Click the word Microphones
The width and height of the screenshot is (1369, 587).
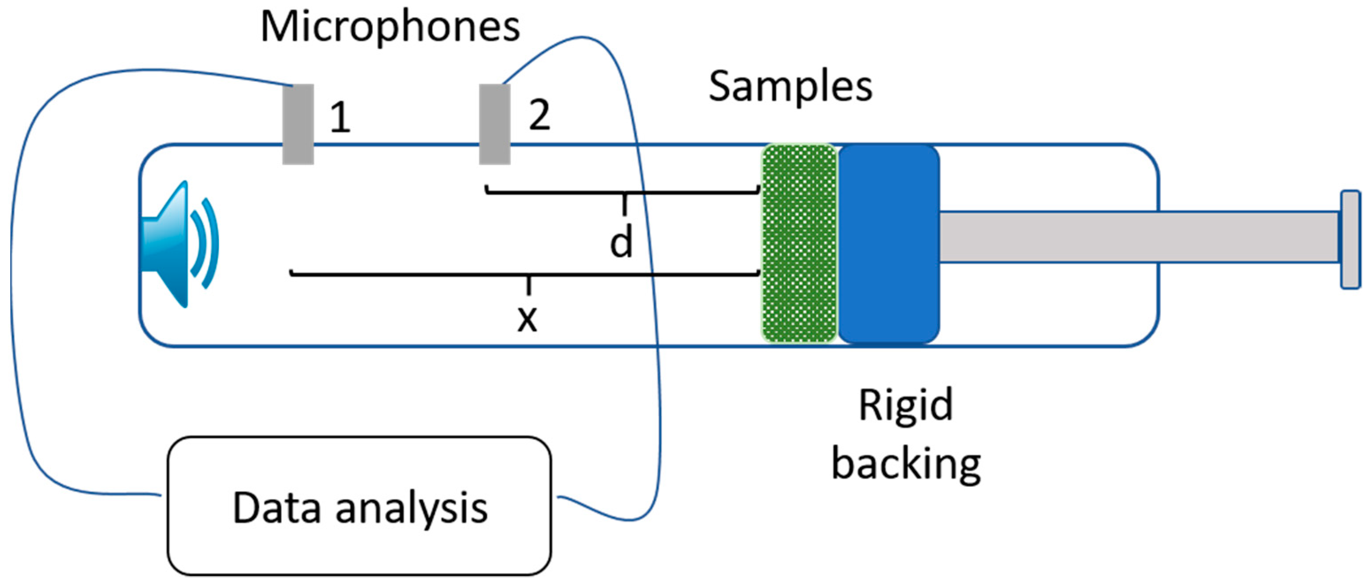(x=389, y=27)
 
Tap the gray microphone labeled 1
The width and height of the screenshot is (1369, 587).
(x=297, y=124)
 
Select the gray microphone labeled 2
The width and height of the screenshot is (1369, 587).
(x=494, y=124)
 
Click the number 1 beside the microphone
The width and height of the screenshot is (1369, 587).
(x=340, y=118)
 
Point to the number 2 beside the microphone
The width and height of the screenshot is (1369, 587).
(x=539, y=115)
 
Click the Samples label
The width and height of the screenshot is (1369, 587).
(x=790, y=87)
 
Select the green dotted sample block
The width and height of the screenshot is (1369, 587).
(x=799, y=243)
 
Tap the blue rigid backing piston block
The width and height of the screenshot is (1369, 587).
(x=889, y=243)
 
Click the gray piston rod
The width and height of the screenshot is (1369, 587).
(x=1137, y=237)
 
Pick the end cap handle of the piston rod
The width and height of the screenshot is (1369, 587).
(x=1350, y=239)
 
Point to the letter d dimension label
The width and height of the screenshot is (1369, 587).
(x=621, y=242)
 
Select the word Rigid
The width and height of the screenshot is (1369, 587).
(x=906, y=406)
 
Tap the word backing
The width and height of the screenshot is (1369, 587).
(x=906, y=464)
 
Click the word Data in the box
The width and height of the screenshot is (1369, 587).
(x=276, y=508)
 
